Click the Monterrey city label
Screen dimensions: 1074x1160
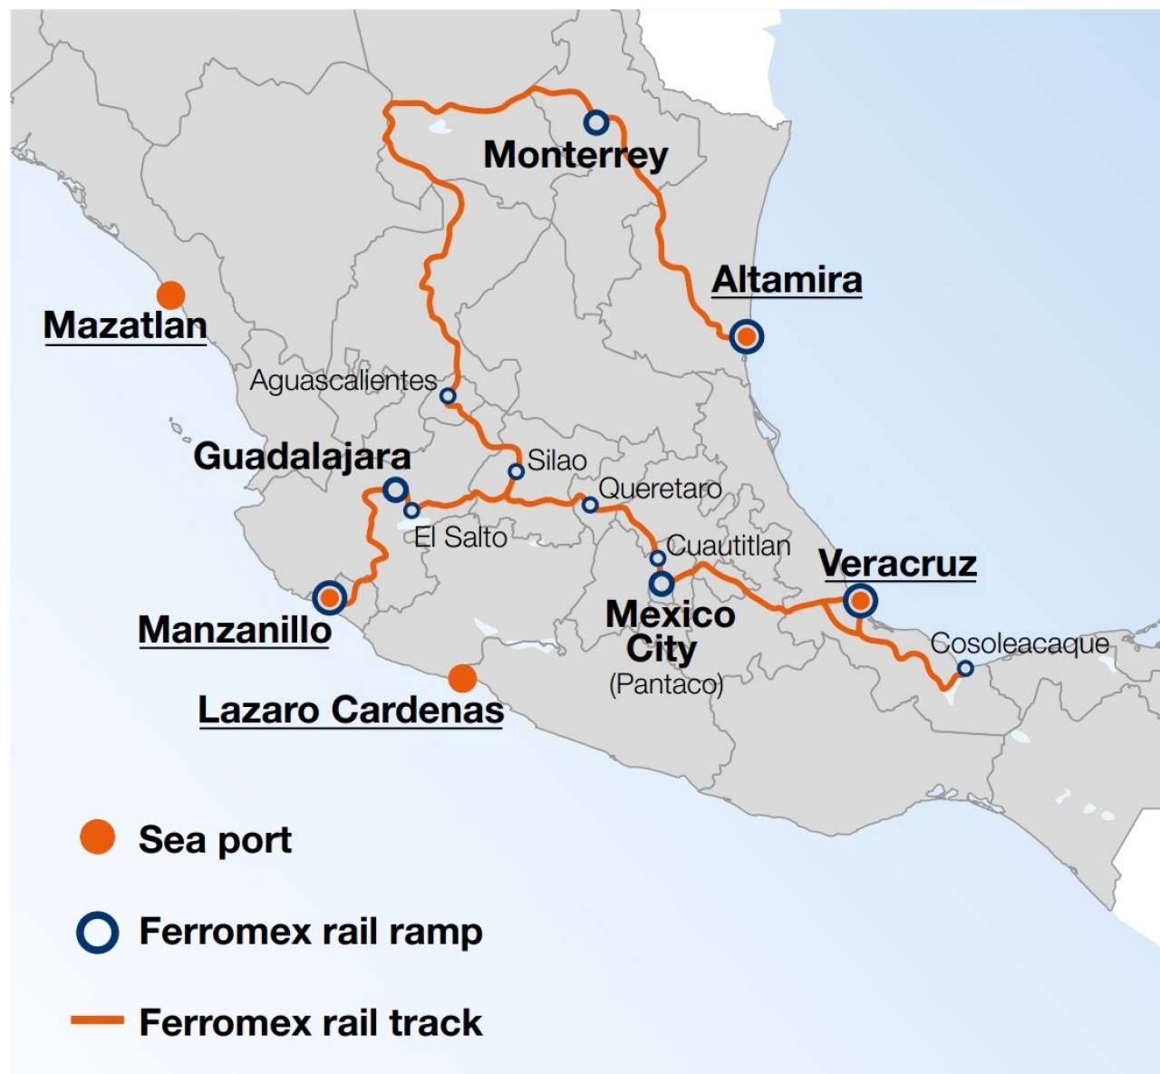575,155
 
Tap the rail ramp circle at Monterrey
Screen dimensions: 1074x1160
596,121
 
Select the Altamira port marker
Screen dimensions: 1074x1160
746,336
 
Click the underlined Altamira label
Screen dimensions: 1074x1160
787,280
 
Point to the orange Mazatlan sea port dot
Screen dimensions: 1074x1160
170,295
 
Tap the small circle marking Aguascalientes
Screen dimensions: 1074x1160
448,396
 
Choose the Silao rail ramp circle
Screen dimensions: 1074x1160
516,471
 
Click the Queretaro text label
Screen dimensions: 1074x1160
660,489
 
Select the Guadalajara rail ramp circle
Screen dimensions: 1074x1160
395,490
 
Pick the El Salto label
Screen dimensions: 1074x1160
460,537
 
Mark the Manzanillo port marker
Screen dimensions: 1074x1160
330,597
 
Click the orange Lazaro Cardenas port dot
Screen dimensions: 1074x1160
462,677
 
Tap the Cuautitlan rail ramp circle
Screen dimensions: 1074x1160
658,557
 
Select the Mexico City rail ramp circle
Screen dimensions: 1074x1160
661,583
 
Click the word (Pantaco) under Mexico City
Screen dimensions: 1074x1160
666,683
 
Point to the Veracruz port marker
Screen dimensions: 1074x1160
860,600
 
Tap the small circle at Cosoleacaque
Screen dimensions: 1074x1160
965,668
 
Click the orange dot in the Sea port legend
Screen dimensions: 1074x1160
98,837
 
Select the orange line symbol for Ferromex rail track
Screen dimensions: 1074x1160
97,1021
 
